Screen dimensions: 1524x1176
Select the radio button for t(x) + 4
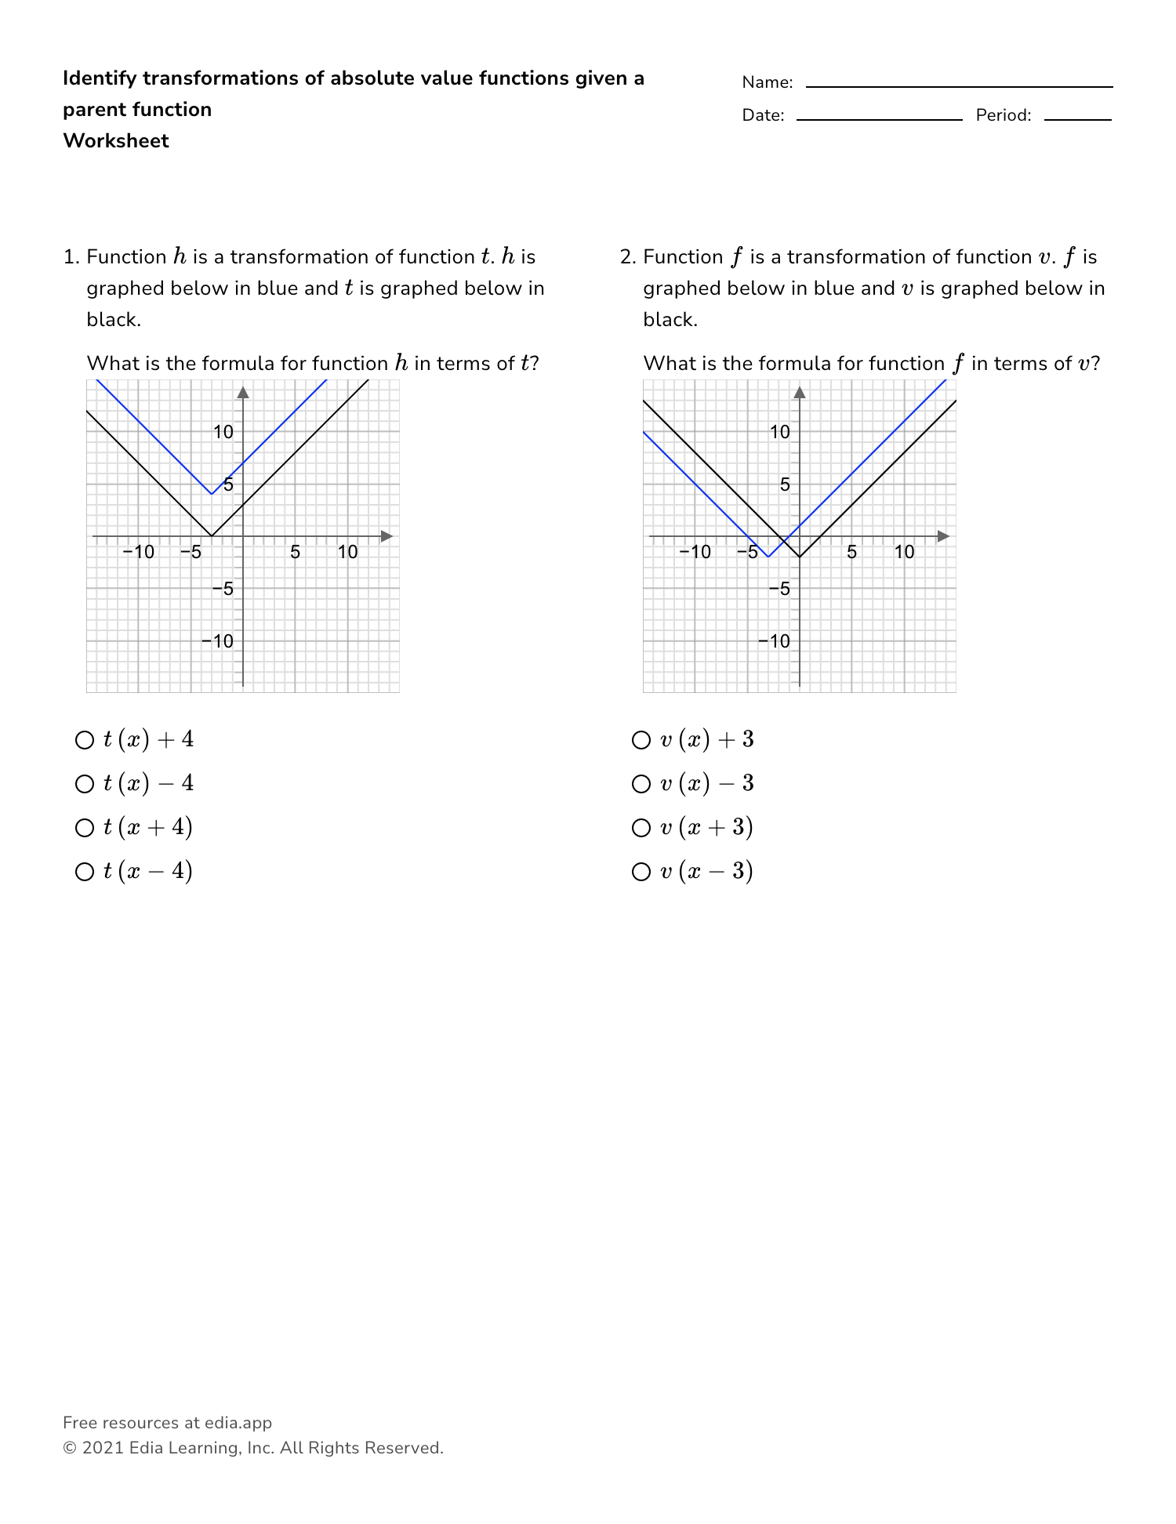(x=84, y=740)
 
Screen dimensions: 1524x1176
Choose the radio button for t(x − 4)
(x=84, y=872)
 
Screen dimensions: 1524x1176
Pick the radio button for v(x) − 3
(x=641, y=784)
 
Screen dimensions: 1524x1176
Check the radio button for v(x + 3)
(x=641, y=828)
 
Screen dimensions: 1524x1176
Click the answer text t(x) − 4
(x=148, y=784)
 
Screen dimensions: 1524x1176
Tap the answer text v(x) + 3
(x=706, y=740)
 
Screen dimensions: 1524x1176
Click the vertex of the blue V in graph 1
(x=212, y=494)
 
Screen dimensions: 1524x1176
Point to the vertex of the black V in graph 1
(x=212, y=536)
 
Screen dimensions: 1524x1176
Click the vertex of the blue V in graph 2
(x=768, y=557)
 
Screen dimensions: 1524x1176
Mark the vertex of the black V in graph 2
(x=800, y=557)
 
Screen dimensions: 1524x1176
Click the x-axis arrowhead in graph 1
(x=387, y=536)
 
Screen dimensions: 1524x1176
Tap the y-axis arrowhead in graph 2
(x=800, y=392)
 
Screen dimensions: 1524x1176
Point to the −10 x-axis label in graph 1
(x=139, y=552)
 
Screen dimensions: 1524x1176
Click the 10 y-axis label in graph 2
(x=780, y=432)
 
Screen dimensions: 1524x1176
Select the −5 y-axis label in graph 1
(x=224, y=589)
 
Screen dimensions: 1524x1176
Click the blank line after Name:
(x=959, y=85)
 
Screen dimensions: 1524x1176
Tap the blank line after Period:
(x=1077, y=118)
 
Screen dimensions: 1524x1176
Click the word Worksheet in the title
(x=116, y=141)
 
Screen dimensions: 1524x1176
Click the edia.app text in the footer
(x=238, y=1423)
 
